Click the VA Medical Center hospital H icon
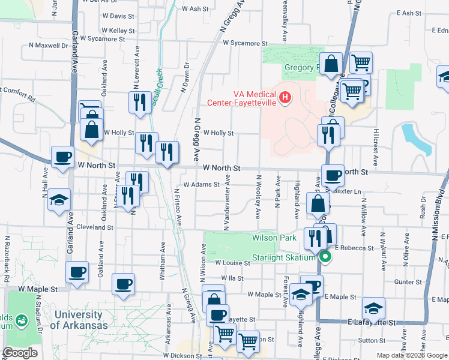[285, 97]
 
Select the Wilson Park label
[274, 238]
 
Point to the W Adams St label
[202, 185]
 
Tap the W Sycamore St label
[245, 43]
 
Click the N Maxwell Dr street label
[49, 45]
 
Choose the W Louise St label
[232, 263]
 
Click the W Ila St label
[232, 278]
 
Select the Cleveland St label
[92, 228]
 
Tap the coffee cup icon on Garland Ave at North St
[62, 158]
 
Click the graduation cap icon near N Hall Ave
[59, 200]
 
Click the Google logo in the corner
[20, 353]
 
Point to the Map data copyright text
[411, 355]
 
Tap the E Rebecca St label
[354, 247]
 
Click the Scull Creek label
[157, 87]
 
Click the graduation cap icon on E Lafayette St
[373, 308]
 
